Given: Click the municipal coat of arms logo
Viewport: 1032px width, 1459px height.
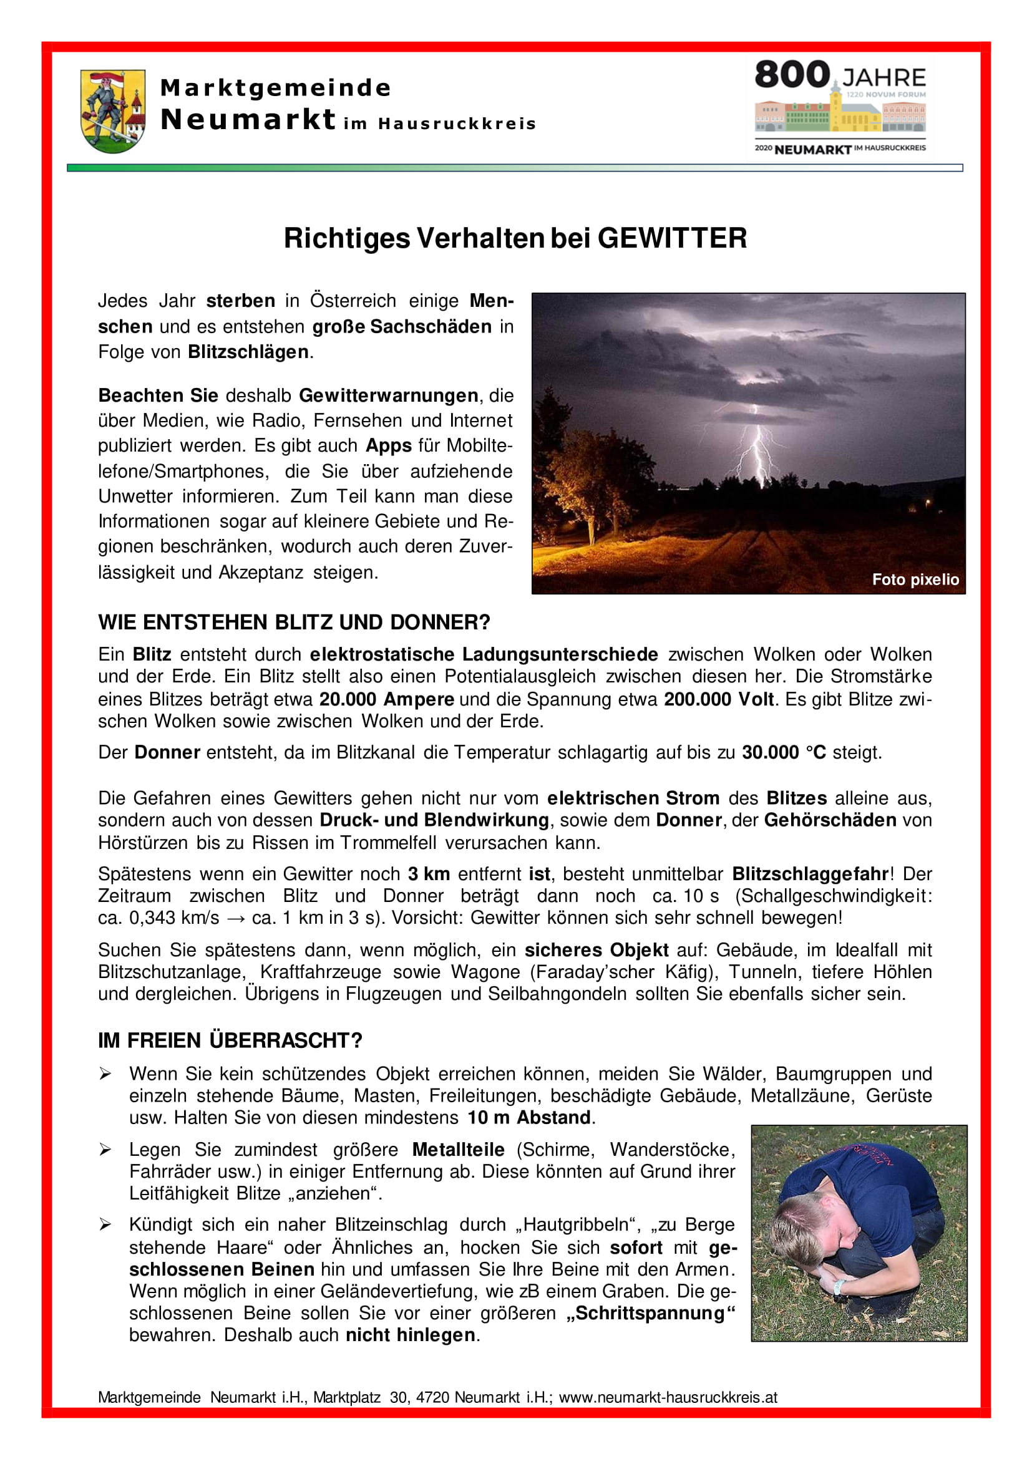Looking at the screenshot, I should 112,111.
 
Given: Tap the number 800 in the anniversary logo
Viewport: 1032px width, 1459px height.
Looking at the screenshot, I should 792,75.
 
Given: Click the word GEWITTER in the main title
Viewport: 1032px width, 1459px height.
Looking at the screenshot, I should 672,238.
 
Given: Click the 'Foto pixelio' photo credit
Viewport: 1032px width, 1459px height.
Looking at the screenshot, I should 915,579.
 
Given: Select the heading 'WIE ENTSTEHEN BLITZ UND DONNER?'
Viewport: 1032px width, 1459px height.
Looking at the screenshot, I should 295,623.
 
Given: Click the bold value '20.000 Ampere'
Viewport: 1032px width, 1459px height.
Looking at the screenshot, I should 386,699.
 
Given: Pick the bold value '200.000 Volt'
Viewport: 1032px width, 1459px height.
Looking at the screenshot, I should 719,699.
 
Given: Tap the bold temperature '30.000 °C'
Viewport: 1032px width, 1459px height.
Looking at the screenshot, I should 784,752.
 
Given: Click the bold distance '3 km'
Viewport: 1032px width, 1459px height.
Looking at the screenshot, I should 429,875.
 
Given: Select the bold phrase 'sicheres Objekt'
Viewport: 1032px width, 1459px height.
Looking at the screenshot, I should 596,950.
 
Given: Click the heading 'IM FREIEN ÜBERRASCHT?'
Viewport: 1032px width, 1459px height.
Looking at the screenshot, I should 230,1041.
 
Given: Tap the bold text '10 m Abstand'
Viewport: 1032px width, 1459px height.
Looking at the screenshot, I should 529,1118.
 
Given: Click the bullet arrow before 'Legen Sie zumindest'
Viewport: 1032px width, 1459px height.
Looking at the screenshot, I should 105,1150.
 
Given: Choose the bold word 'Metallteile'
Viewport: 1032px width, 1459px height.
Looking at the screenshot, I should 458,1150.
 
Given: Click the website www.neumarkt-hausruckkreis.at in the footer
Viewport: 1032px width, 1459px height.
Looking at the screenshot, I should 668,1397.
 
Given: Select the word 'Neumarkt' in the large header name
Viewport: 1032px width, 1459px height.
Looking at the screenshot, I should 248,120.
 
